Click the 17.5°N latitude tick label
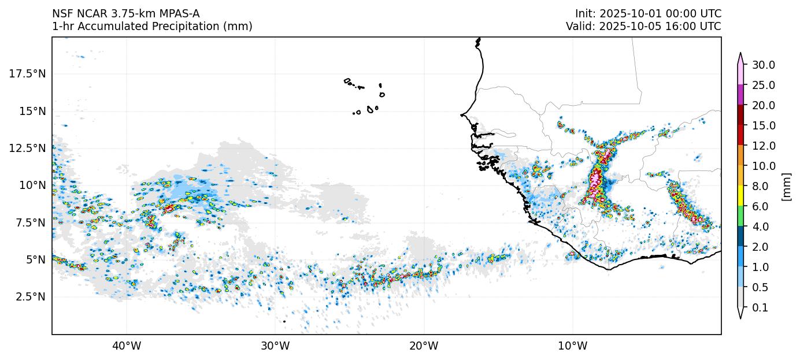(x=28, y=74)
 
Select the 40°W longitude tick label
(x=126, y=346)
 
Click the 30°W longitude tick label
(x=275, y=346)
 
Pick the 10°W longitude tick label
(x=573, y=346)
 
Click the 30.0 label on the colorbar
(x=763, y=65)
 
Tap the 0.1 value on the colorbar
(x=760, y=308)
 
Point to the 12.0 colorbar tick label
(x=763, y=146)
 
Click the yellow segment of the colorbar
(x=740, y=196)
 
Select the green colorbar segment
(x=740, y=217)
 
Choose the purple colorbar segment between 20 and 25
(x=740, y=95)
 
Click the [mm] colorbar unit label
(x=786, y=186)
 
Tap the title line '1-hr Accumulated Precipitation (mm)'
(x=152, y=27)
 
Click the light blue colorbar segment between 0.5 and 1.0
(x=740, y=277)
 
